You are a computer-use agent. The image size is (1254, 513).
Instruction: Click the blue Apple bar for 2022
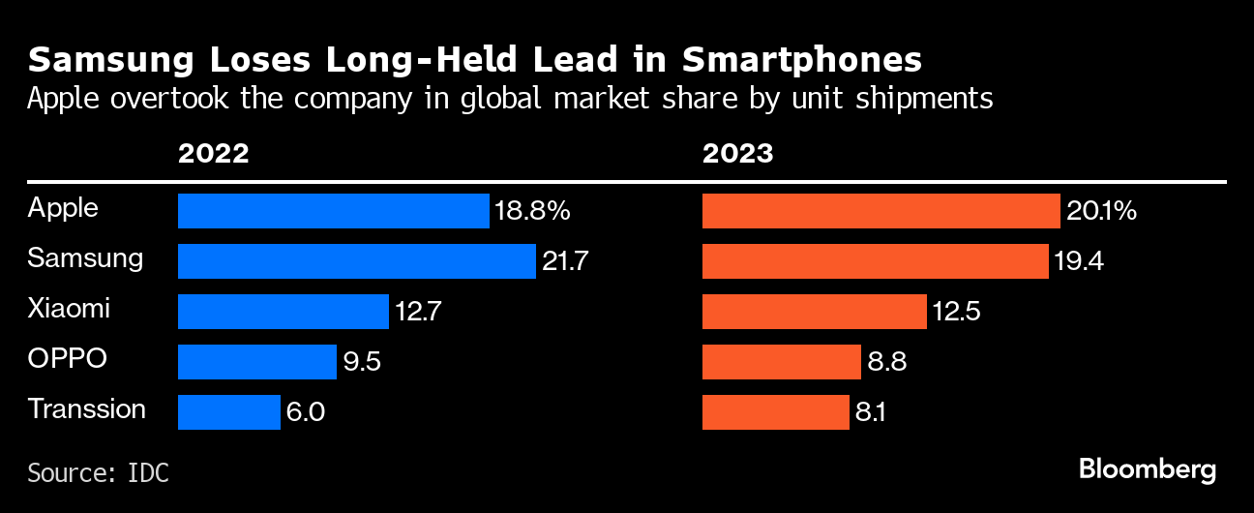333,211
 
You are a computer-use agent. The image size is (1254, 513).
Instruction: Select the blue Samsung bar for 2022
356,261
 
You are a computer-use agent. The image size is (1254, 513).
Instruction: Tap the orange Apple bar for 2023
881,211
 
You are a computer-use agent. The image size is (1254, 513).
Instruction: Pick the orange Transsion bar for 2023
775,412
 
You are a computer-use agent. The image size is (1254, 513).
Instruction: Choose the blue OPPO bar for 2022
256,362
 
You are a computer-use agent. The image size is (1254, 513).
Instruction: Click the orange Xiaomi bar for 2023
814,312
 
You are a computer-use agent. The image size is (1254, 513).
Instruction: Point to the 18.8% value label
532,211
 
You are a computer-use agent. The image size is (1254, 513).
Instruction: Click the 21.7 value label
565,261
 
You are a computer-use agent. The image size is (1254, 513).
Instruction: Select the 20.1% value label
1101,211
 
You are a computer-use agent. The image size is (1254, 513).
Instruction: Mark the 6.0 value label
305,412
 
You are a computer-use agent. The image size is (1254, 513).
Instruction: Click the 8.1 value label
871,412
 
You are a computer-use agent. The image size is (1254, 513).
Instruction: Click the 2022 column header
213,154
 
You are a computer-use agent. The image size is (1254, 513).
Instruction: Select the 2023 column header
737,154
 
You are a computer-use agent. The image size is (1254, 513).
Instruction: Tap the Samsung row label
85,258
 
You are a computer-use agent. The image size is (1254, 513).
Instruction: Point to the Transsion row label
87,409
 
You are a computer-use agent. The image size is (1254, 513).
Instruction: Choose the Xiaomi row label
69,309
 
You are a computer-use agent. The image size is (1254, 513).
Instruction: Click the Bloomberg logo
1148,470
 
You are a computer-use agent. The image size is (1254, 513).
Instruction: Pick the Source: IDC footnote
98,473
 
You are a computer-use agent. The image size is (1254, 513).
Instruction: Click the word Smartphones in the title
801,61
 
